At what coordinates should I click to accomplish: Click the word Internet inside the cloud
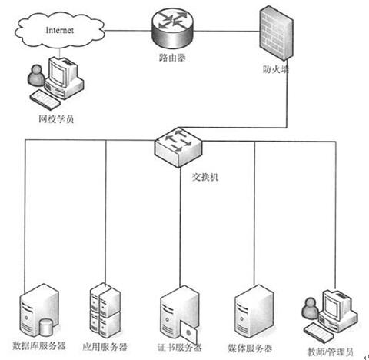click(x=59, y=30)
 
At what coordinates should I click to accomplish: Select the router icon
click(x=172, y=28)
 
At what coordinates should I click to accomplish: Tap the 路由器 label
click(x=172, y=58)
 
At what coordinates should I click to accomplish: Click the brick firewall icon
click(x=276, y=33)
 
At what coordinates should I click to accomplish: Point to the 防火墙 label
click(x=276, y=69)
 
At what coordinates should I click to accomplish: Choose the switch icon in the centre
click(x=178, y=147)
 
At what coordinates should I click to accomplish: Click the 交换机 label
click(x=205, y=177)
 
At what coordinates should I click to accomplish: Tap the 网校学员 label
click(x=56, y=119)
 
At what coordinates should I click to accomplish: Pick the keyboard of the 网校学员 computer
click(x=45, y=100)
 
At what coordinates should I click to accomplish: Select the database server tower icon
click(x=38, y=310)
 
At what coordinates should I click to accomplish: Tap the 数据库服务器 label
click(x=39, y=345)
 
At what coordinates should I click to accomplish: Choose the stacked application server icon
click(x=105, y=310)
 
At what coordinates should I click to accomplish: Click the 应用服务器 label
click(x=105, y=347)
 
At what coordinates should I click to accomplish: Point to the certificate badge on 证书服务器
click(x=189, y=333)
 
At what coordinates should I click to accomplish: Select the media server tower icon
click(x=254, y=312)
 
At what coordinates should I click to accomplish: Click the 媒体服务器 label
click(x=250, y=348)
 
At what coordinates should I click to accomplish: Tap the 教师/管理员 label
click(x=330, y=352)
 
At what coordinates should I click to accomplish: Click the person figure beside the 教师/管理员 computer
click(x=310, y=308)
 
